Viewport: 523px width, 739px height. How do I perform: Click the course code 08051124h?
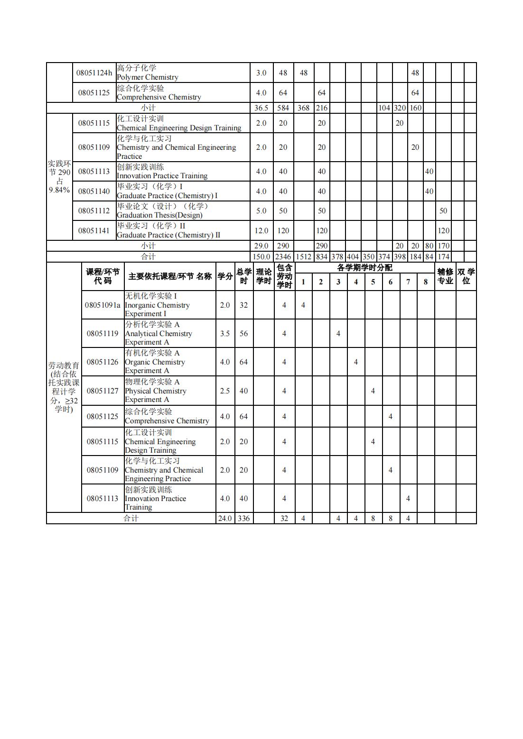point(94,73)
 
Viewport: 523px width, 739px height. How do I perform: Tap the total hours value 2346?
point(283,256)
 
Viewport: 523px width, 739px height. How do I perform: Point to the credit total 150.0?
point(261,256)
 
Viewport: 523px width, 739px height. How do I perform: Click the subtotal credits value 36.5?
point(261,108)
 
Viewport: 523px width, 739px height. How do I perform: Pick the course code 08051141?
point(94,230)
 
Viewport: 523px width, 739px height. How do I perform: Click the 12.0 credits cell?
point(261,230)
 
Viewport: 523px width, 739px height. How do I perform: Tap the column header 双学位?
point(466,276)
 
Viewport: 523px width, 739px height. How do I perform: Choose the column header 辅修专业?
point(445,276)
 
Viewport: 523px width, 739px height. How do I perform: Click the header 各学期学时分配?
point(364,268)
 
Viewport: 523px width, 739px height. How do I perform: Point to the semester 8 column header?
point(426,282)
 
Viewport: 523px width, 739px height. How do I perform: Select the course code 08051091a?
point(103,305)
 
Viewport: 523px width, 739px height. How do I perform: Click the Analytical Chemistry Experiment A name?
point(159,333)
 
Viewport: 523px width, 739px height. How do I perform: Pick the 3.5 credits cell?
point(225,333)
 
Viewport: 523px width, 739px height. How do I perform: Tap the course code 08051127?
point(103,391)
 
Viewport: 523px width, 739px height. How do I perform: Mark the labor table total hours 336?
point(243,518)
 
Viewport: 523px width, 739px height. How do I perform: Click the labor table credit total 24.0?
point(225,518)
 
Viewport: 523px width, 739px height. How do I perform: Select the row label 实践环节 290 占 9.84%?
point(59,177)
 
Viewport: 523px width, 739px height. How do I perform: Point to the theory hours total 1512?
point(303,256)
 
